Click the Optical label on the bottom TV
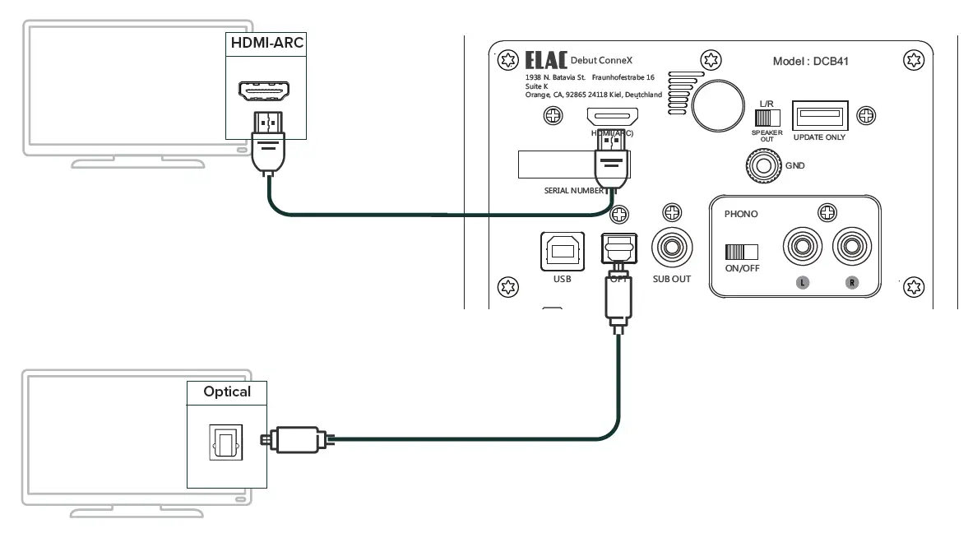coord(227,392)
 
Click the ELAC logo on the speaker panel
coord(544,62)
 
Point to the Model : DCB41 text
coord(814,62)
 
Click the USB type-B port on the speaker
coord(562,251)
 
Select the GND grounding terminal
coord(762,165)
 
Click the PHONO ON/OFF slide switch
coord(740,252)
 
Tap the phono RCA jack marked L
coord(803,248)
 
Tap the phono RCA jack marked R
coord(852,248)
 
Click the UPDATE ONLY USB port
coord(818,115)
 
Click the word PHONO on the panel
coord(741,214)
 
